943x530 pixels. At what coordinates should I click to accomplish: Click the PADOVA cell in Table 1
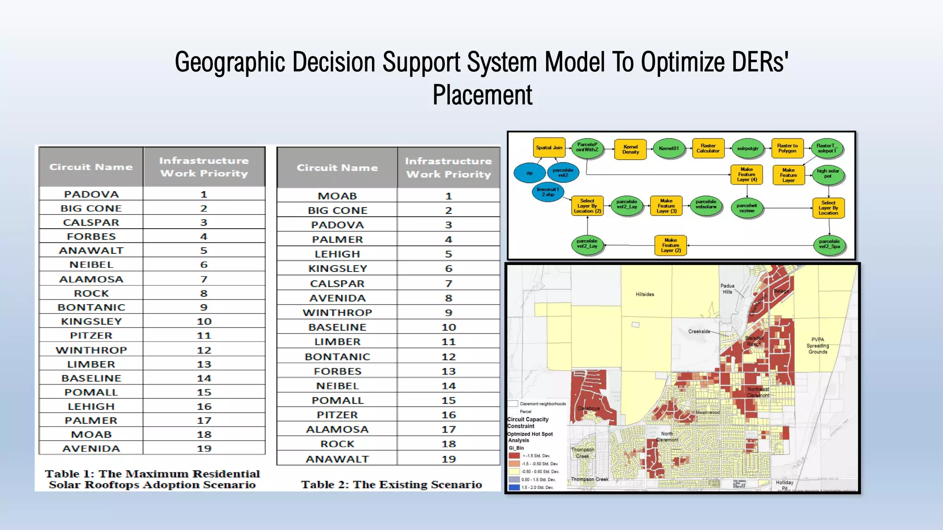91,194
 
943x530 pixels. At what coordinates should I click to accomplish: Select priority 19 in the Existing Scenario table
448,459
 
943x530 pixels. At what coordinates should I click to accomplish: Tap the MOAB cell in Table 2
337,196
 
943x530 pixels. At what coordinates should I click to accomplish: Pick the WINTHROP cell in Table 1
91,350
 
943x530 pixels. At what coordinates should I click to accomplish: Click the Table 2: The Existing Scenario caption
391,484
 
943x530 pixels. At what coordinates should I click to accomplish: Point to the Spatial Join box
549,148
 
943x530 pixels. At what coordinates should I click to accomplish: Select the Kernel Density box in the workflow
630,150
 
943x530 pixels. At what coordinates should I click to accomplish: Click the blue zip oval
530,173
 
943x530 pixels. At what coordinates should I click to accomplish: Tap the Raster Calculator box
708,148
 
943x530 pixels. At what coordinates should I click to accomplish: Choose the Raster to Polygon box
787,148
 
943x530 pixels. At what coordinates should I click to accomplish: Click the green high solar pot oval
827,173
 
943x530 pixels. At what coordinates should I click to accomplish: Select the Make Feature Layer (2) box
670,245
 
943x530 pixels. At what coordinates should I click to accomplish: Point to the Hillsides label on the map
645,294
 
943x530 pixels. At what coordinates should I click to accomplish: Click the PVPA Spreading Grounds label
818,346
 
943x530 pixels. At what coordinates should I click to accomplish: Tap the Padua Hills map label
728,289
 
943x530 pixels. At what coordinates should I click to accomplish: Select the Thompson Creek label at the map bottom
589,479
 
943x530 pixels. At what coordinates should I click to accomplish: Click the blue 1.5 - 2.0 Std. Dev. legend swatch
514,487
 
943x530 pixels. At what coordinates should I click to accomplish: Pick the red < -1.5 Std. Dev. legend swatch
514,455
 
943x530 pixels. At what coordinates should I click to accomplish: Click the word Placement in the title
482,95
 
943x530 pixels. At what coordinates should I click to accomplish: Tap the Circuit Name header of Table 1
91,167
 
